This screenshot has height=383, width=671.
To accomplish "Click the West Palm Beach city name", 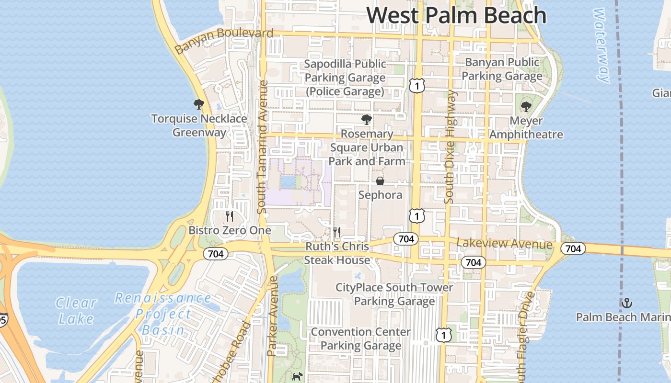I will point(456,15).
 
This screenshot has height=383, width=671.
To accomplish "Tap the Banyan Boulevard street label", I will point(224,40).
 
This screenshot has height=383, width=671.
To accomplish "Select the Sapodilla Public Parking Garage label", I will point(345,78).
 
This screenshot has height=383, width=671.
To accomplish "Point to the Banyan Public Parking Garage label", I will point(502,69).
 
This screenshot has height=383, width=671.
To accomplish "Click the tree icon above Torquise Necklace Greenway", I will point(198,104).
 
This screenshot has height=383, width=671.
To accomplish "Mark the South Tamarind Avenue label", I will point(262,146).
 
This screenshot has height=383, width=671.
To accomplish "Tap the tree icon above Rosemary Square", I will point(367,119).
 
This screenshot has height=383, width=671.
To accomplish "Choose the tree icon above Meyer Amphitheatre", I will point(526,106).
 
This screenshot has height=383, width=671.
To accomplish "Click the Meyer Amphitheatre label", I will point(526,128).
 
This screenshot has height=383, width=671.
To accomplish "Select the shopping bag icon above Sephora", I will point(380,181).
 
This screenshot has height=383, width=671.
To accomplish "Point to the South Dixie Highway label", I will point(450,146).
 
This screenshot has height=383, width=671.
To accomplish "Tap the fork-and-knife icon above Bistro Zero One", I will point(230,216).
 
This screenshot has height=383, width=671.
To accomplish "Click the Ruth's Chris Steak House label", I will point(337,253).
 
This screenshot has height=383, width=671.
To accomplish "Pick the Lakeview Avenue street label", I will point(504,244).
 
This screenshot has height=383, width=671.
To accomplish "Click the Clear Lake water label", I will point(76,310).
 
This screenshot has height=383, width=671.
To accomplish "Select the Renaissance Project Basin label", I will point(163,314).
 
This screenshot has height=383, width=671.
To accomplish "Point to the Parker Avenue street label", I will point(272,316).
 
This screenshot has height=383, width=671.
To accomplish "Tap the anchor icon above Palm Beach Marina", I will point(626,303).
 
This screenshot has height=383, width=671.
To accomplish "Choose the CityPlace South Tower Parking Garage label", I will point(394,294).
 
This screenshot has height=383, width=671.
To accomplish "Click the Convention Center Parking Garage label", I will point(361,338).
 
